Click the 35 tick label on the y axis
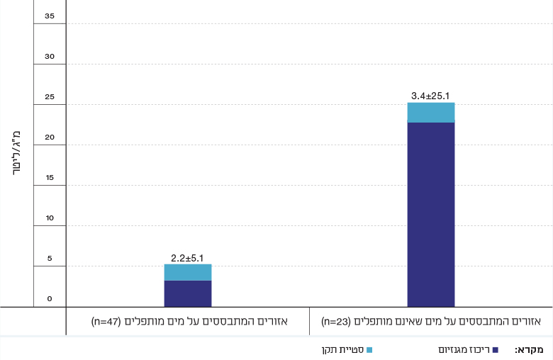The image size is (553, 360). [49, 16]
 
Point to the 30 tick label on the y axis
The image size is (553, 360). [49, 56]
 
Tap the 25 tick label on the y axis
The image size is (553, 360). [49, 96]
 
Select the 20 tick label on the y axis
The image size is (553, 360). [49, 137]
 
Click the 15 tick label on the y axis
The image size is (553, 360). [49, 177]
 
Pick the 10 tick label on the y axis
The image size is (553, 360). [49, 218]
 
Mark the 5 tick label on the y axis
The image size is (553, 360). [50, 258]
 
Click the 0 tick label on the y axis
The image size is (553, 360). [50, 298]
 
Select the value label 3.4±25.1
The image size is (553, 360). [430, 95]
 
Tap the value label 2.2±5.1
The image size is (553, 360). [187, 257]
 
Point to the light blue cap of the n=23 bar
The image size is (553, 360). [430, 113]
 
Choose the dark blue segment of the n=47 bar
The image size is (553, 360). [187, 293]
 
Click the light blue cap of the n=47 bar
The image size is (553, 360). [187, 272]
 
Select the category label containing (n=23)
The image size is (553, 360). [430, 322]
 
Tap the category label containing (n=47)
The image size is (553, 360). [189, 322]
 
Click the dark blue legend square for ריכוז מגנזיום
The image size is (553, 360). [496, 350]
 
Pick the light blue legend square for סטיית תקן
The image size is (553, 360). [369, 350]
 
